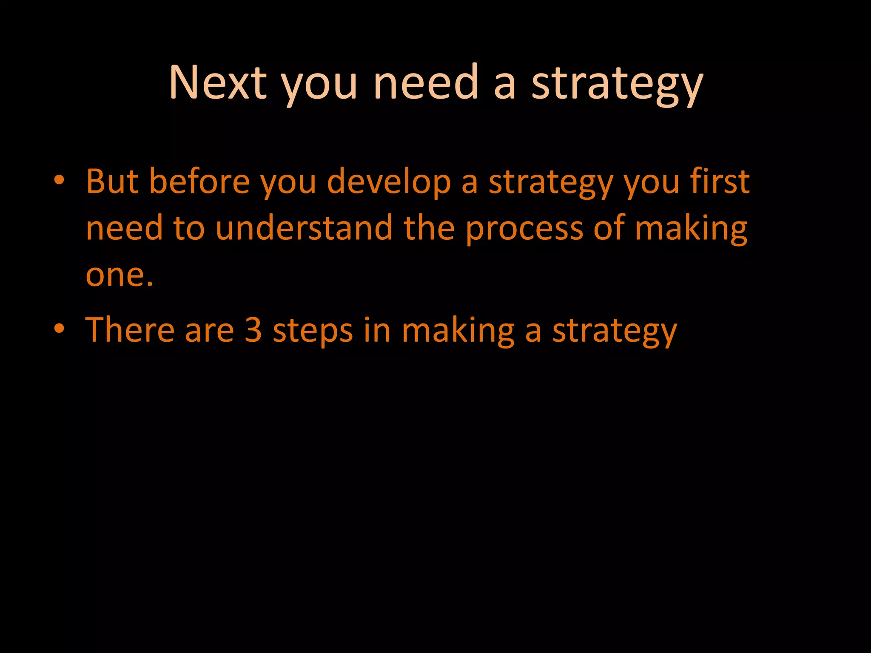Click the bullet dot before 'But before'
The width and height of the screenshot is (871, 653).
59,181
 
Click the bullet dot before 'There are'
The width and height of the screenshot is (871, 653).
59,329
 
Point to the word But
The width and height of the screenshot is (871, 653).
112,182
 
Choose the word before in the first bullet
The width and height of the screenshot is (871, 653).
199,182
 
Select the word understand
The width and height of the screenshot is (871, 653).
304,228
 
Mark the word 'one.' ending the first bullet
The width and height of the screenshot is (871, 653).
119,275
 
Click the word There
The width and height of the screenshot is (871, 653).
130,330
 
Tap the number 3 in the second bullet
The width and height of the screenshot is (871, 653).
253,330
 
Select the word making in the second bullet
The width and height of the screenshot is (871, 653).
458,331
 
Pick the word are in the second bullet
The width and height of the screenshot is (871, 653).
209,331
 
